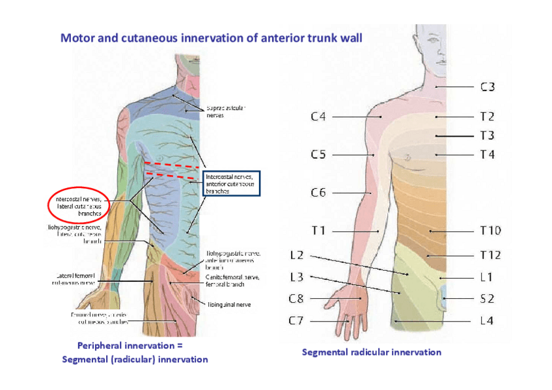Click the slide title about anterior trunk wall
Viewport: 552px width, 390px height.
(x=211, y=37)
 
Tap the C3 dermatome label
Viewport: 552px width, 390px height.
(x=488, y=86)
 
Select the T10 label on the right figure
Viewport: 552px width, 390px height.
(x=490, y=230)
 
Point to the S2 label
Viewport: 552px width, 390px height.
(x=488, y=298)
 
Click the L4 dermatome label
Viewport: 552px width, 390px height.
(x=488, y=320)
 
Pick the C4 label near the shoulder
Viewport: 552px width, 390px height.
(x=318, y=117)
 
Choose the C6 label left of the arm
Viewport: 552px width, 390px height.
(x=318, y=192)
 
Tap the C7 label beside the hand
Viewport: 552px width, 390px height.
(x=297, y=320)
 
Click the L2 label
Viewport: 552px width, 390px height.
(x=296, y=255)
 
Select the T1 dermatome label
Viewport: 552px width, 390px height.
(x=318, y=230)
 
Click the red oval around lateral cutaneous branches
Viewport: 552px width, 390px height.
(x=78, y=206)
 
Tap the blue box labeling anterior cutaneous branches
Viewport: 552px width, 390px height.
(x=232, y=184)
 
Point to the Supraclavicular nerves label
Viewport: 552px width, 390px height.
(x=225, y=111)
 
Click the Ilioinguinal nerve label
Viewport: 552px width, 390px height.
(x=228, y=304)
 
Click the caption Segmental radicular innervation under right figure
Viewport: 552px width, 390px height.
(x=371, y=352)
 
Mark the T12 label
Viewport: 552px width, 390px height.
(x=490, y=255)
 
